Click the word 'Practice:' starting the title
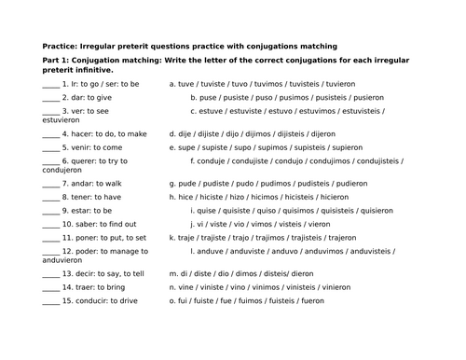click(x=60, y=46)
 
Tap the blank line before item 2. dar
click(x=50, y=96)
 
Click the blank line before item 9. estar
click(x=50, y=211)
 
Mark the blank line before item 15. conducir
click(x=50, y=300)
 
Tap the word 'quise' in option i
click(x=209, y=211)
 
